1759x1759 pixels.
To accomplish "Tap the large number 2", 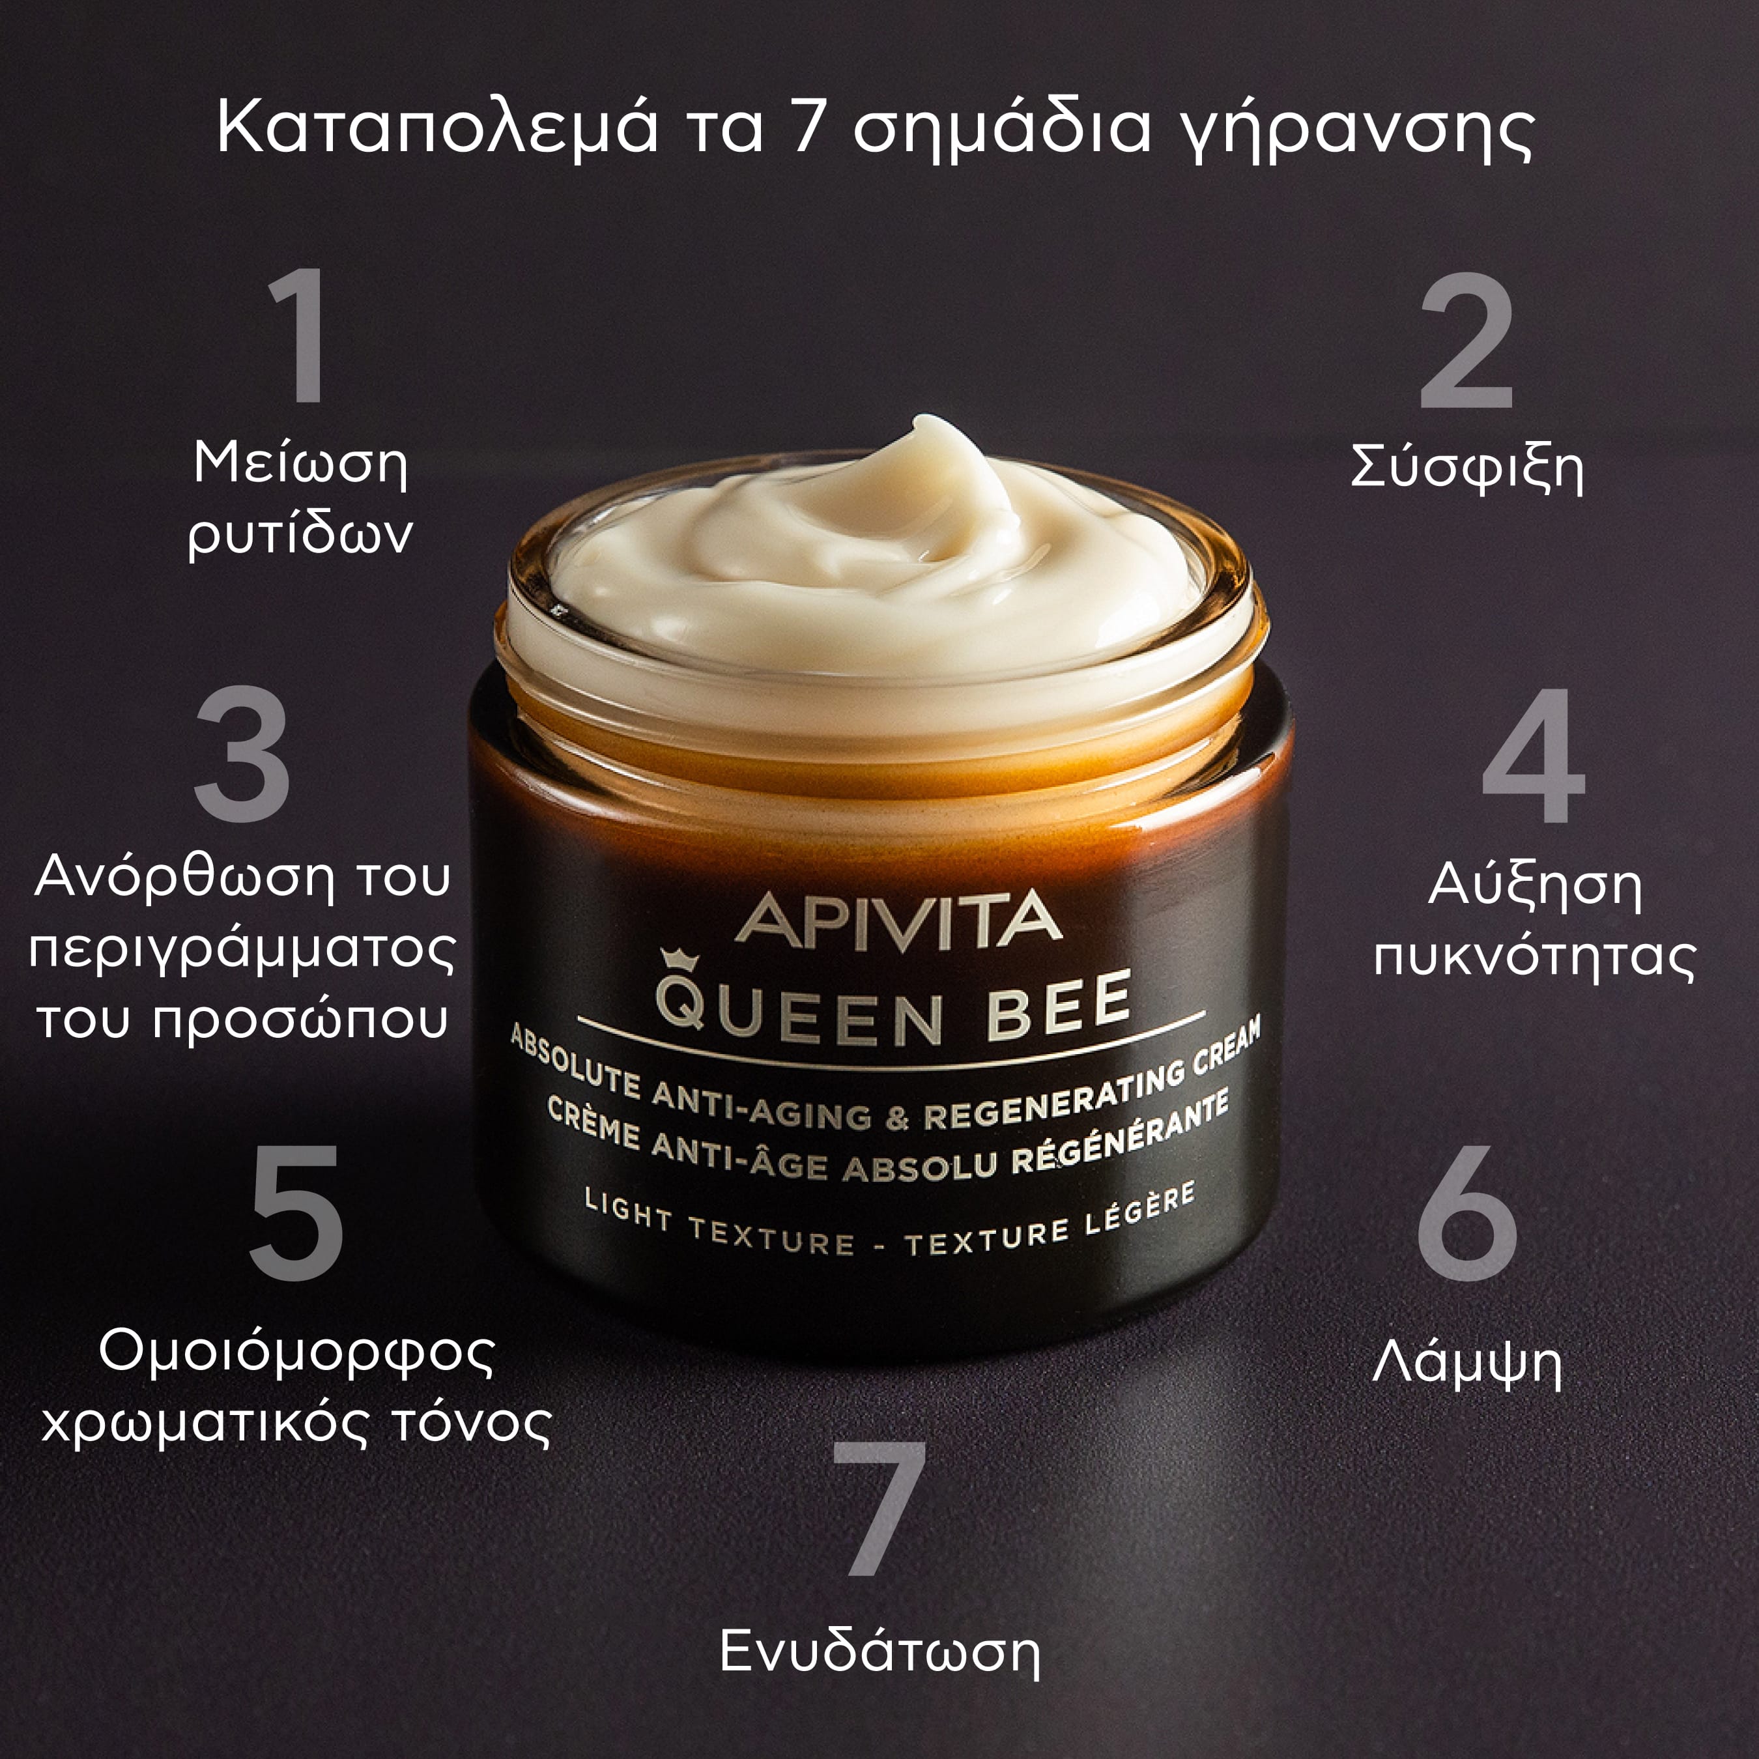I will [x=1466, y=341].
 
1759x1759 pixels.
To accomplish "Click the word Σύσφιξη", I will [x=1466, y=469].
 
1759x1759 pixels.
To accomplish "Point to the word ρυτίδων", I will [x=300, y=534].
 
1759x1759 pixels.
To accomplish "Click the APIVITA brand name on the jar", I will [x=898, y=919].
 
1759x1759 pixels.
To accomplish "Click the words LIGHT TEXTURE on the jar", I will [x=719, y=1225].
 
